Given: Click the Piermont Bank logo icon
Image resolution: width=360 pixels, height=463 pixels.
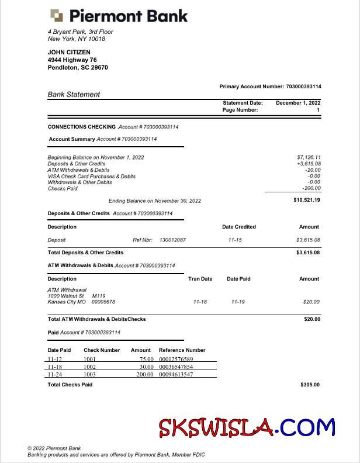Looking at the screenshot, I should (57, 15).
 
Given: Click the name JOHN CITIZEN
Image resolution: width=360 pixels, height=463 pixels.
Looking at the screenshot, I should (69, 52).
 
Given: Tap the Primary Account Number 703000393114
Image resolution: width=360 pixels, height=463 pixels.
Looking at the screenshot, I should (303, 87).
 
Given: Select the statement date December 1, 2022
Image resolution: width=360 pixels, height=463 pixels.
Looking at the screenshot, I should (298, 103).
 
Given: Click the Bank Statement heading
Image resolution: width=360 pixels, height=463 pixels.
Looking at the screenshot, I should (74, 94).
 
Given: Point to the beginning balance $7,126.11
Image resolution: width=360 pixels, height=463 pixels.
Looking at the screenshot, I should (309, 157).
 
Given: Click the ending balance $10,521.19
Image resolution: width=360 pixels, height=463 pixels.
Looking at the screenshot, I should (307, 200).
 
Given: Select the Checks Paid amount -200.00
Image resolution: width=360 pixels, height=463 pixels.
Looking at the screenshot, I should (311, 188).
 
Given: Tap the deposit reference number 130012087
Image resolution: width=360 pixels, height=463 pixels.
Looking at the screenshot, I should (172, 240).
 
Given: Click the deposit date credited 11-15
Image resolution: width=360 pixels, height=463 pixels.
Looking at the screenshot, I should (235, 240).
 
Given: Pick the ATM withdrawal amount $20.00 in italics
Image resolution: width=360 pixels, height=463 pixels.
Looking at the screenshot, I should (311, 302).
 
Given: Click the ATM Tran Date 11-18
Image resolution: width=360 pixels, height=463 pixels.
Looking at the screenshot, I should (200, 302).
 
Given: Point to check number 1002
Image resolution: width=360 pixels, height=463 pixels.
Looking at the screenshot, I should (89, 367).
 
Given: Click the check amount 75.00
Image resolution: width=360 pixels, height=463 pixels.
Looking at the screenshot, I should (146, 359).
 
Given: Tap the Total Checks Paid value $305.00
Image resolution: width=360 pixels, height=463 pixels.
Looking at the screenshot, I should (310, 385).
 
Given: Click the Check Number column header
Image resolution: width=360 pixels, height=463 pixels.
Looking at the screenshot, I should (102, 350).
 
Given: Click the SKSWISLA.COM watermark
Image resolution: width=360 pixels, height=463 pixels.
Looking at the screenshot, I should (246, 428).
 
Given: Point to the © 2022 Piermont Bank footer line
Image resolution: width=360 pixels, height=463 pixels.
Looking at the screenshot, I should (54, 448).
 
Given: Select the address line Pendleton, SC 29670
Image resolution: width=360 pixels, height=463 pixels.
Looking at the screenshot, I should (78, 67).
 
